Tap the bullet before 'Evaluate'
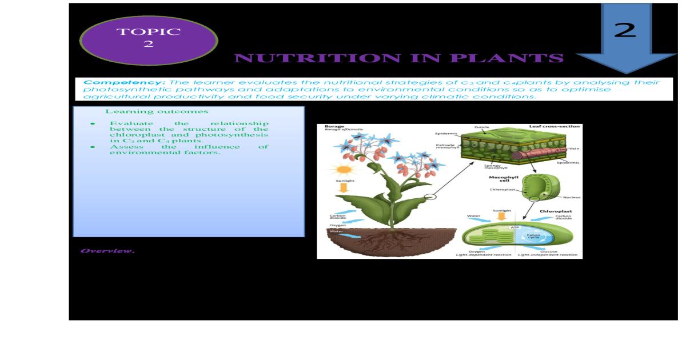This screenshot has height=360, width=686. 92,123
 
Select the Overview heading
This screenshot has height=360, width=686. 107,251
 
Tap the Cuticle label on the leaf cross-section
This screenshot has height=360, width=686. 482,127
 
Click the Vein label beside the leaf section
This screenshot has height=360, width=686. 574,149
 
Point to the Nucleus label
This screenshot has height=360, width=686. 572,197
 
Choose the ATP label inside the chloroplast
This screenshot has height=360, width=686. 514,228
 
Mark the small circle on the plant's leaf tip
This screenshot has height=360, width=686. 430,197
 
